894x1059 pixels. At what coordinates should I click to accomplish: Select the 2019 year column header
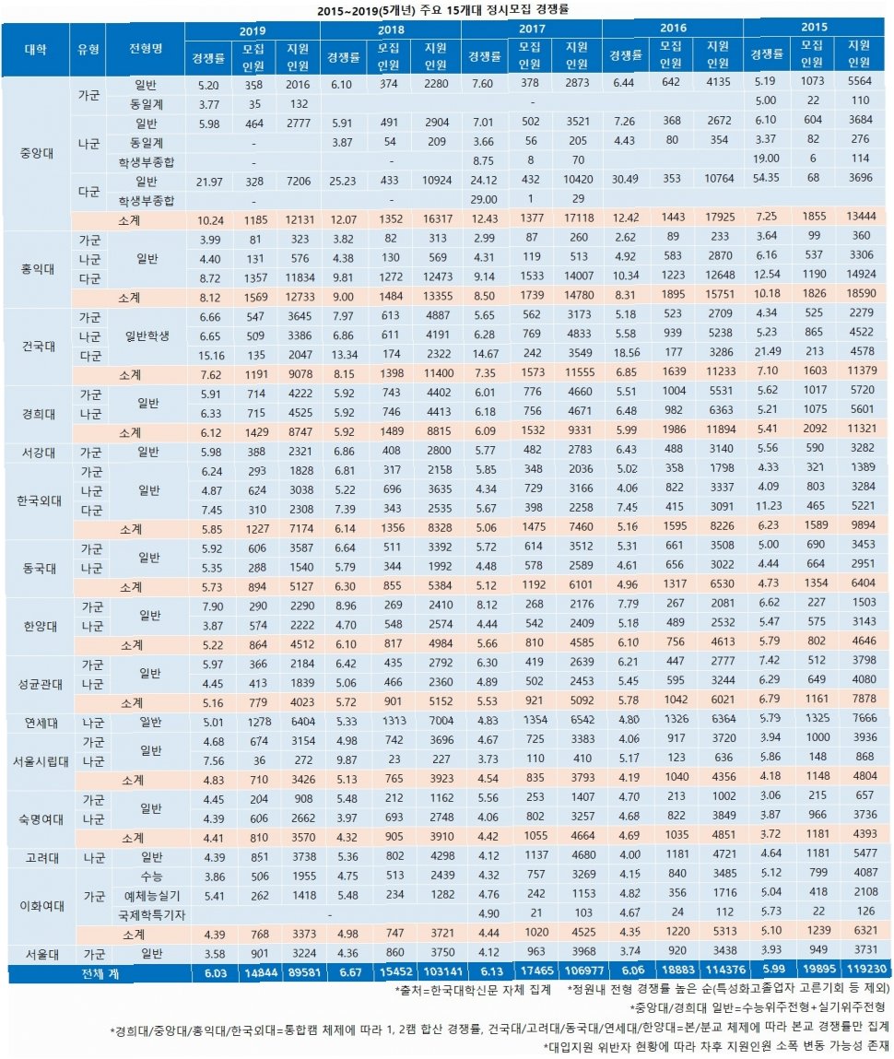pos(251,29)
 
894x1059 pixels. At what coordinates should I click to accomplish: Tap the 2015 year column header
pos(812,29)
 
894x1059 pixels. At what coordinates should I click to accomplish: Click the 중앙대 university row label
pos(36,153)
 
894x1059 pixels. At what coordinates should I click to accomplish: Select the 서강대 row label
pos(36,453)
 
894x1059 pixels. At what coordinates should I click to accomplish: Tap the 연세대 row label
pos(36,722)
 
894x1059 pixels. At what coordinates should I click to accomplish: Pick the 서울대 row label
pos(36,953)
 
